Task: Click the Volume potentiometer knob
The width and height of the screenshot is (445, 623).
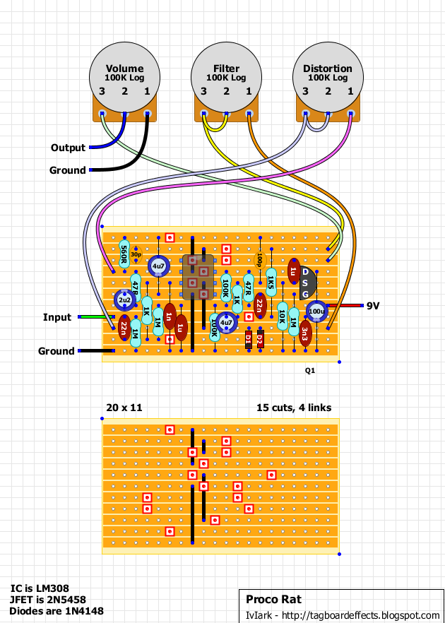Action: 124,74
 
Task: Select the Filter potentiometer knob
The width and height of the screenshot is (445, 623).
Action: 226,74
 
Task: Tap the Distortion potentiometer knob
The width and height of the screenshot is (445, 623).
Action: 328,74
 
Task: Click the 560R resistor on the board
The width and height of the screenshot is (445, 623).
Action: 124,251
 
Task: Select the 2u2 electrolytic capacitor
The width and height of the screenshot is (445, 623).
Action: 124,302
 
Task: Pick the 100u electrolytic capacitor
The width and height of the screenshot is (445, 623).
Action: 317,311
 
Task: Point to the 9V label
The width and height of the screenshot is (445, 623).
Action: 373,306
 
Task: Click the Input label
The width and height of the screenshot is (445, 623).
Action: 58,317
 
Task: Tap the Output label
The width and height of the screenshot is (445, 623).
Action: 68,148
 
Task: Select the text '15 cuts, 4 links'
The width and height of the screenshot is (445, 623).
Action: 293,408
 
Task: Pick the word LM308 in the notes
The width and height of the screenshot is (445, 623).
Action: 52,588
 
